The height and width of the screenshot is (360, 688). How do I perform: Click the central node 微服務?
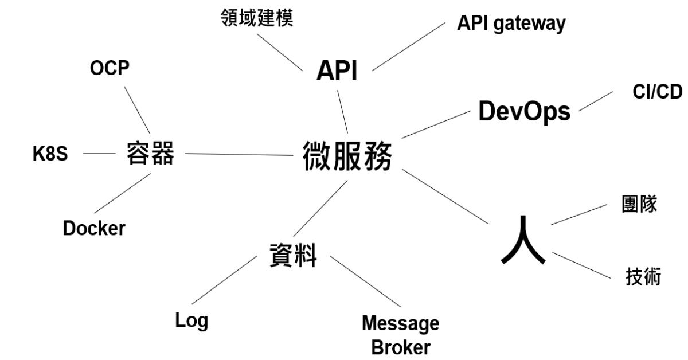click(347, 156)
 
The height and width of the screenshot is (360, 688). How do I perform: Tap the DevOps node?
click(524, 111)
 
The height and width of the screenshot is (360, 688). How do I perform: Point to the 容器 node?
click(150, 154)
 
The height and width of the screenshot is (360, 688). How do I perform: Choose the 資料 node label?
click(293, 255)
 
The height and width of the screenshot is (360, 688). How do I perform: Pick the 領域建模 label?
click(257, 18)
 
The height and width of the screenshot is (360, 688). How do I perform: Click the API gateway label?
click(511, 24)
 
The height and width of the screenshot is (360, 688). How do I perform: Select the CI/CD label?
click(657, 92)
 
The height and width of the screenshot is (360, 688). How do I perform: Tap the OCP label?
click(110, 68)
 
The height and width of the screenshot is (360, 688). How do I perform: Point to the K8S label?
click(50, 154)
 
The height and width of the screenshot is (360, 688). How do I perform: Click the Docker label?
click(94, 228)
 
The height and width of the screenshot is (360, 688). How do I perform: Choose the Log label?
click(191, 320)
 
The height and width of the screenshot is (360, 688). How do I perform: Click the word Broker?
click(400, 347)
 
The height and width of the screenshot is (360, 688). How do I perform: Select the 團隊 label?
click(639, 205)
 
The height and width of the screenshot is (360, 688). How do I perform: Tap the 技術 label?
click(643, 277)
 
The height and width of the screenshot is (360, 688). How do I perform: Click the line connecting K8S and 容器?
click(99, 154)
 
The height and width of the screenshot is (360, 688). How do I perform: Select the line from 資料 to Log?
click(224, 280)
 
